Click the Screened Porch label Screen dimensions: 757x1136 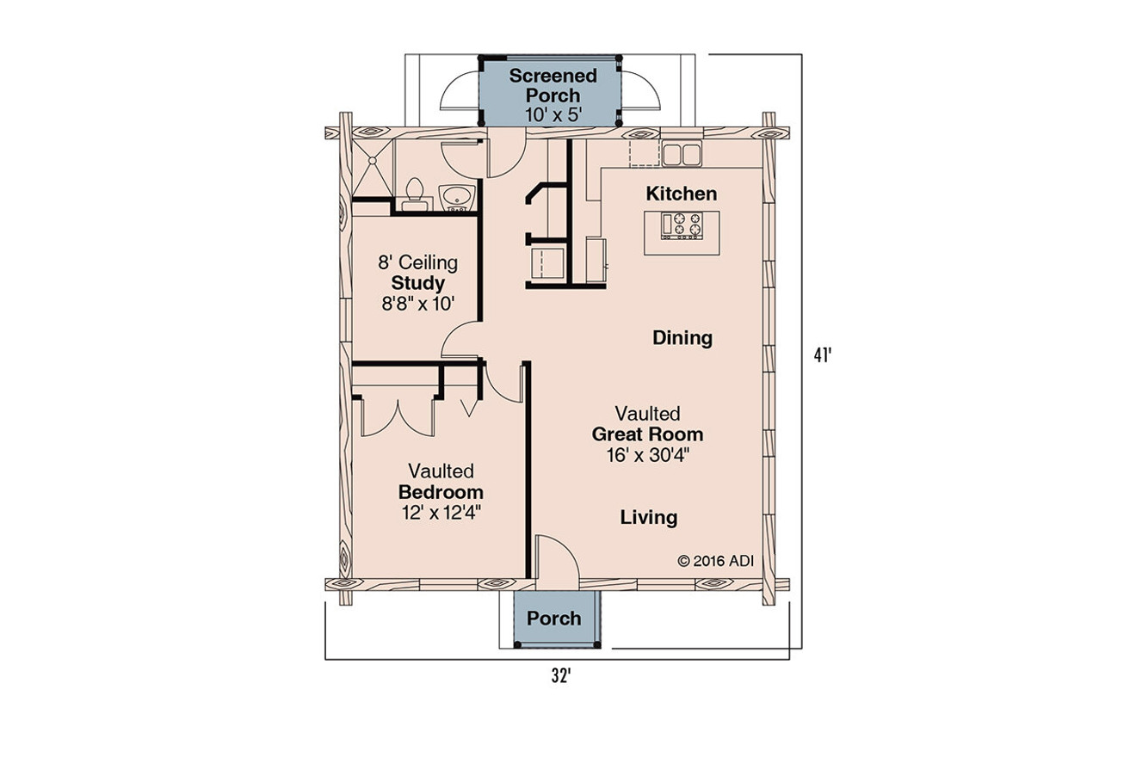pyautogui.click(x=553, y=86)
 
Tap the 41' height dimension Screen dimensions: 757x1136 pyautogui.click(x=824, y=354)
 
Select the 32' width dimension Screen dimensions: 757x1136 pyautogui.click(x=560, y=676)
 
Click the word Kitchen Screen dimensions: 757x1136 pyautogui.click(x=682, y=194)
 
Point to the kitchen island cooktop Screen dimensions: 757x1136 pyautogui.click(x=682, y=225)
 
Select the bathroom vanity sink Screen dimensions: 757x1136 pyautogui.click(x=455, y=194)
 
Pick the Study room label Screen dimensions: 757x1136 pyautogui.click(x=418, y=283)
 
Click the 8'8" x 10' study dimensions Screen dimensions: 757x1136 pyautogui.click(x=418, y=303)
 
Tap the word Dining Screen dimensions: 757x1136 pyautogui.click(x=682, y=338)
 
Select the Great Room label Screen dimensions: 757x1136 pyautogui.click(x=647, y=434)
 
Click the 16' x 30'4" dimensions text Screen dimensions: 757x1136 pyautogui.click(x=647, y=454)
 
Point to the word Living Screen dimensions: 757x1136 pyautogui.click(x=649, y=518)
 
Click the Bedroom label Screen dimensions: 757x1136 pyautogui.click(x=441, y=493)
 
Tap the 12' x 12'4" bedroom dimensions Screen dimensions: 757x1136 pyautogui.click(x=441, y=514)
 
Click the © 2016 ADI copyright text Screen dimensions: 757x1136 pyautogui.click(x=716, y=561)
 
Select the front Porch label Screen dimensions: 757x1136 pyautogui.click(x=553, y=619)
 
